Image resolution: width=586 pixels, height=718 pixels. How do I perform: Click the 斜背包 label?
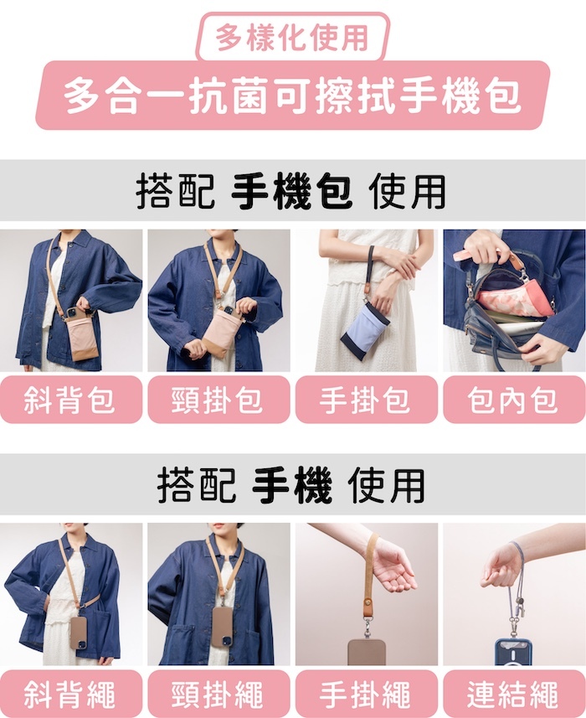(70, 400)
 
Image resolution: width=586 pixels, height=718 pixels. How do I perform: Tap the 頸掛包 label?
(218, 400)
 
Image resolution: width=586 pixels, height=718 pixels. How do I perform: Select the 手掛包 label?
(366, 400)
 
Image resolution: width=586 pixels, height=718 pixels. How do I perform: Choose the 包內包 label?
(513, 400)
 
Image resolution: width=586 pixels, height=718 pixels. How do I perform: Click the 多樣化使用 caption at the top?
(292, 38)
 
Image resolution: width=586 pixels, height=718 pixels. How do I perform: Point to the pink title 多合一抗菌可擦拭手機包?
(292, 95)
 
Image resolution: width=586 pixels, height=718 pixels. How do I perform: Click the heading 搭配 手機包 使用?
(292, 191)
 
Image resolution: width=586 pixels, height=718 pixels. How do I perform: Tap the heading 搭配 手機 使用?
(292, 485)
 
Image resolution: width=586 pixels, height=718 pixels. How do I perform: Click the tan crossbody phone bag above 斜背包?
(83, 334)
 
